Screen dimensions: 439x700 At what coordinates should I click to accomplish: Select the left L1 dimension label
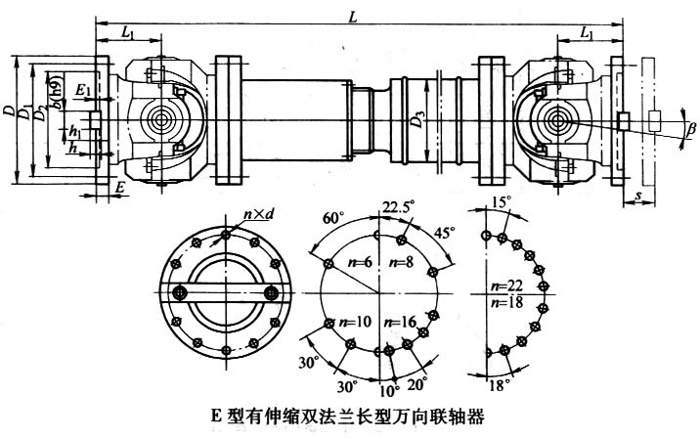(x=127, y=35)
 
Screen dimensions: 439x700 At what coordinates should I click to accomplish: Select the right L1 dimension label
(x=586, y=35)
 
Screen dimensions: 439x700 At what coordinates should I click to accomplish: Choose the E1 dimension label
(x=85, y=90)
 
